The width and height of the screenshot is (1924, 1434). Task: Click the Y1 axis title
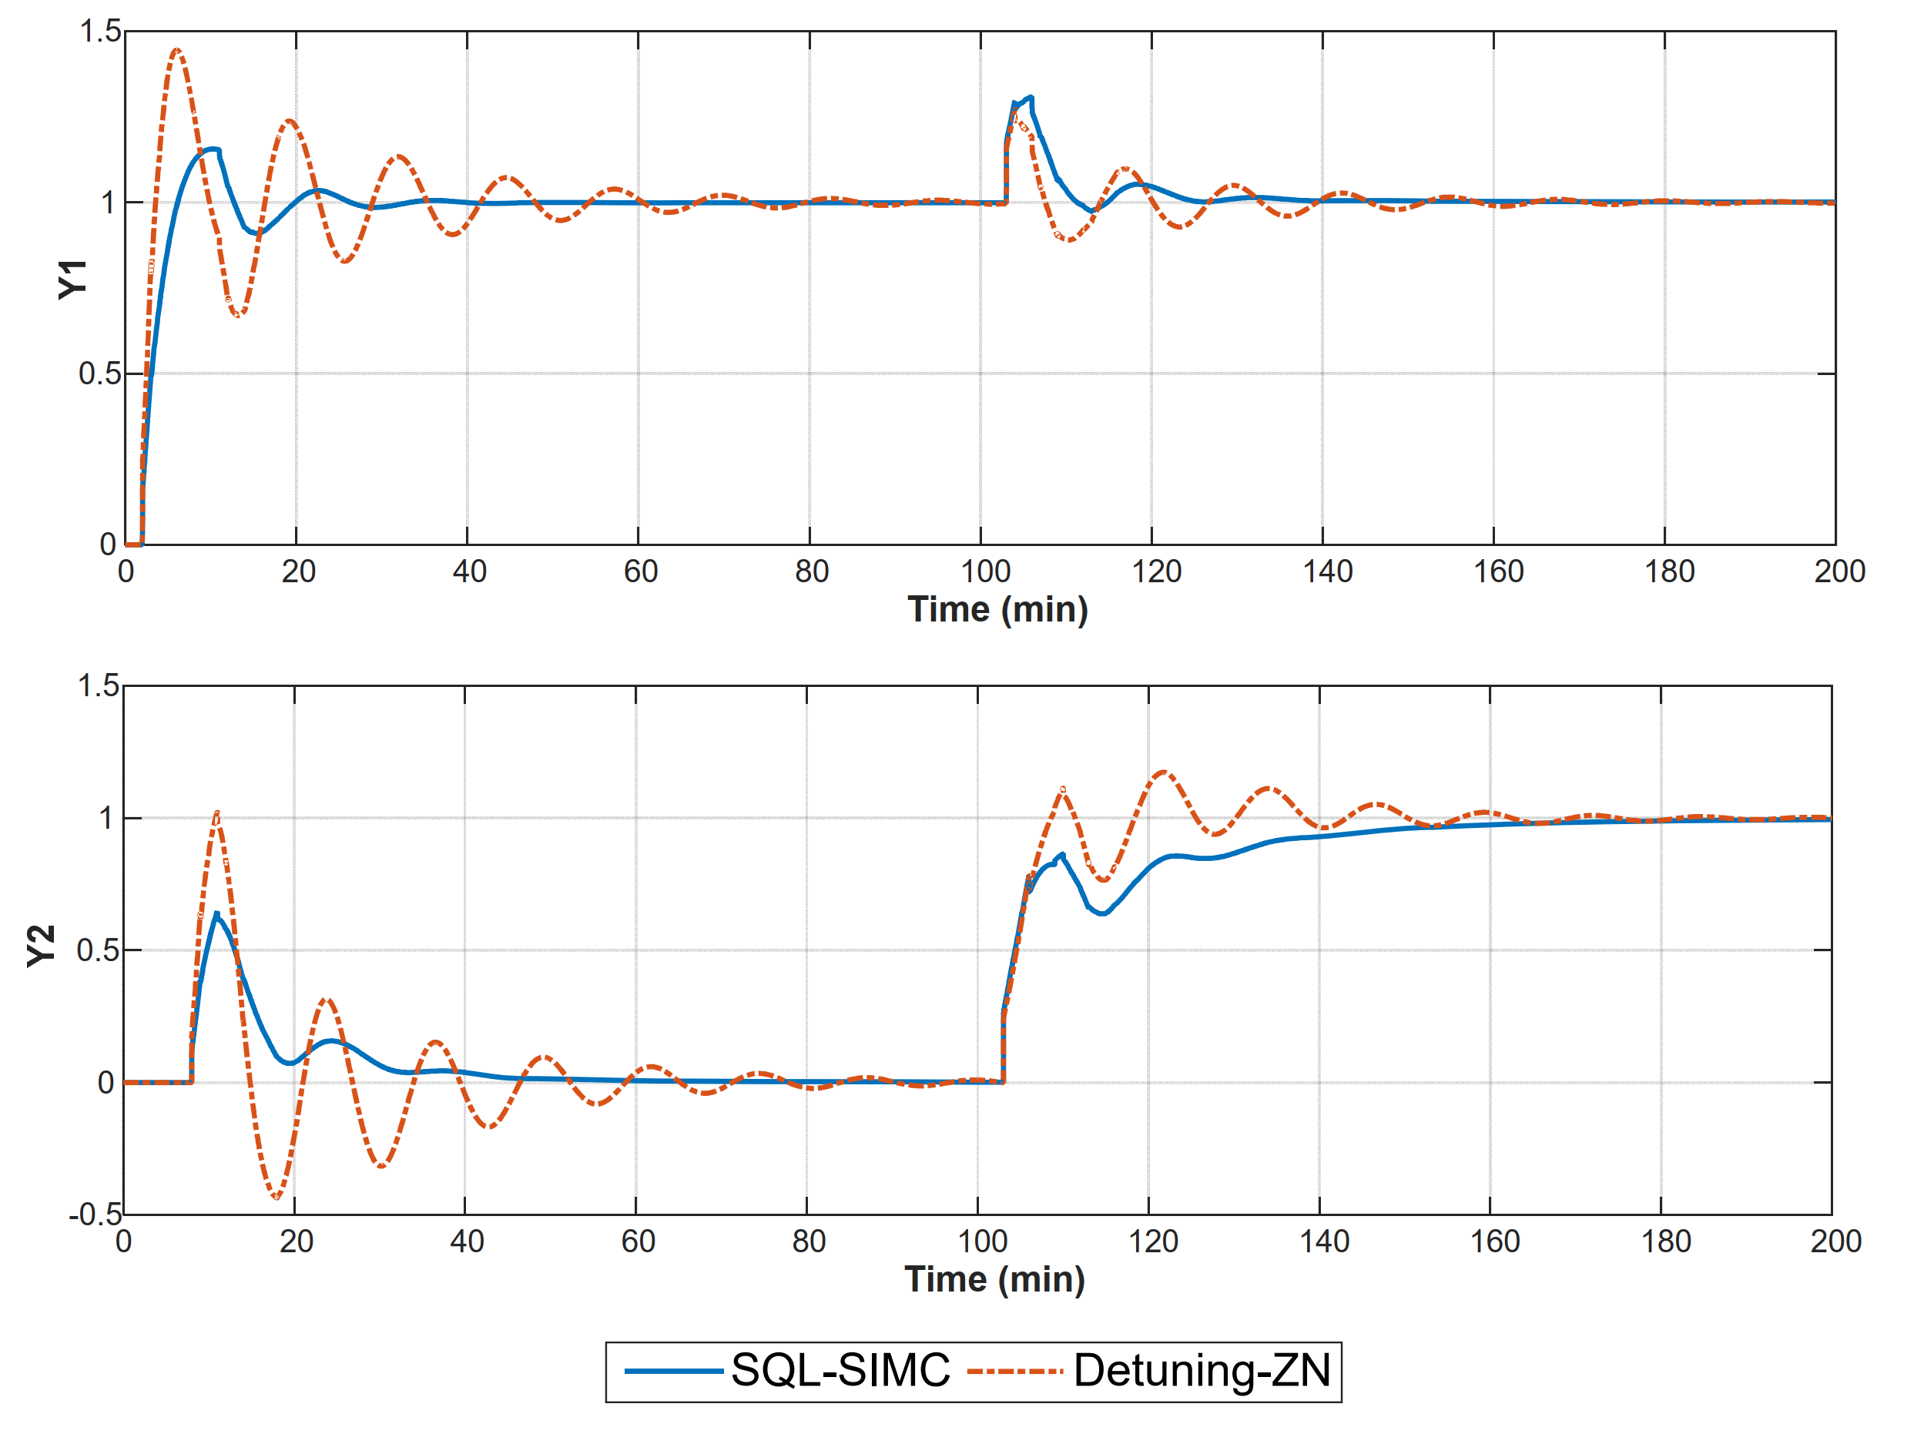(73, 280)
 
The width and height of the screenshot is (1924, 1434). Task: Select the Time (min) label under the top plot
(997, 609)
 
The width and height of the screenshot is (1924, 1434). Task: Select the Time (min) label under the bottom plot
(995, 1278)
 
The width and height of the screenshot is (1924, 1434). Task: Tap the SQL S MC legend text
(841, 1371)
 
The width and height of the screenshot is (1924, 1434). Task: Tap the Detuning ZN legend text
(1202, 1371)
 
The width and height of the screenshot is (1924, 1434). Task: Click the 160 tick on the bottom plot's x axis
(1495, 1242)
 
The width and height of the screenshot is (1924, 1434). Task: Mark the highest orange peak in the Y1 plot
(177, 50)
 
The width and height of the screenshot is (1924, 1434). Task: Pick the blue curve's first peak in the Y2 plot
(216, 914)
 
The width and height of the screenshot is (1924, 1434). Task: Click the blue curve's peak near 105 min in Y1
(1030, 97)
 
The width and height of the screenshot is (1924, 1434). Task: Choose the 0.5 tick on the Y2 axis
(96, 950)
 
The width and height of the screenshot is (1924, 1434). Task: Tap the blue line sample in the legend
(674, 1372)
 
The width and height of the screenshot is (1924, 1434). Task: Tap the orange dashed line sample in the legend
(1014, 1372)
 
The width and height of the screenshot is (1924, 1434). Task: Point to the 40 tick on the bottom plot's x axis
(466, 1242)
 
